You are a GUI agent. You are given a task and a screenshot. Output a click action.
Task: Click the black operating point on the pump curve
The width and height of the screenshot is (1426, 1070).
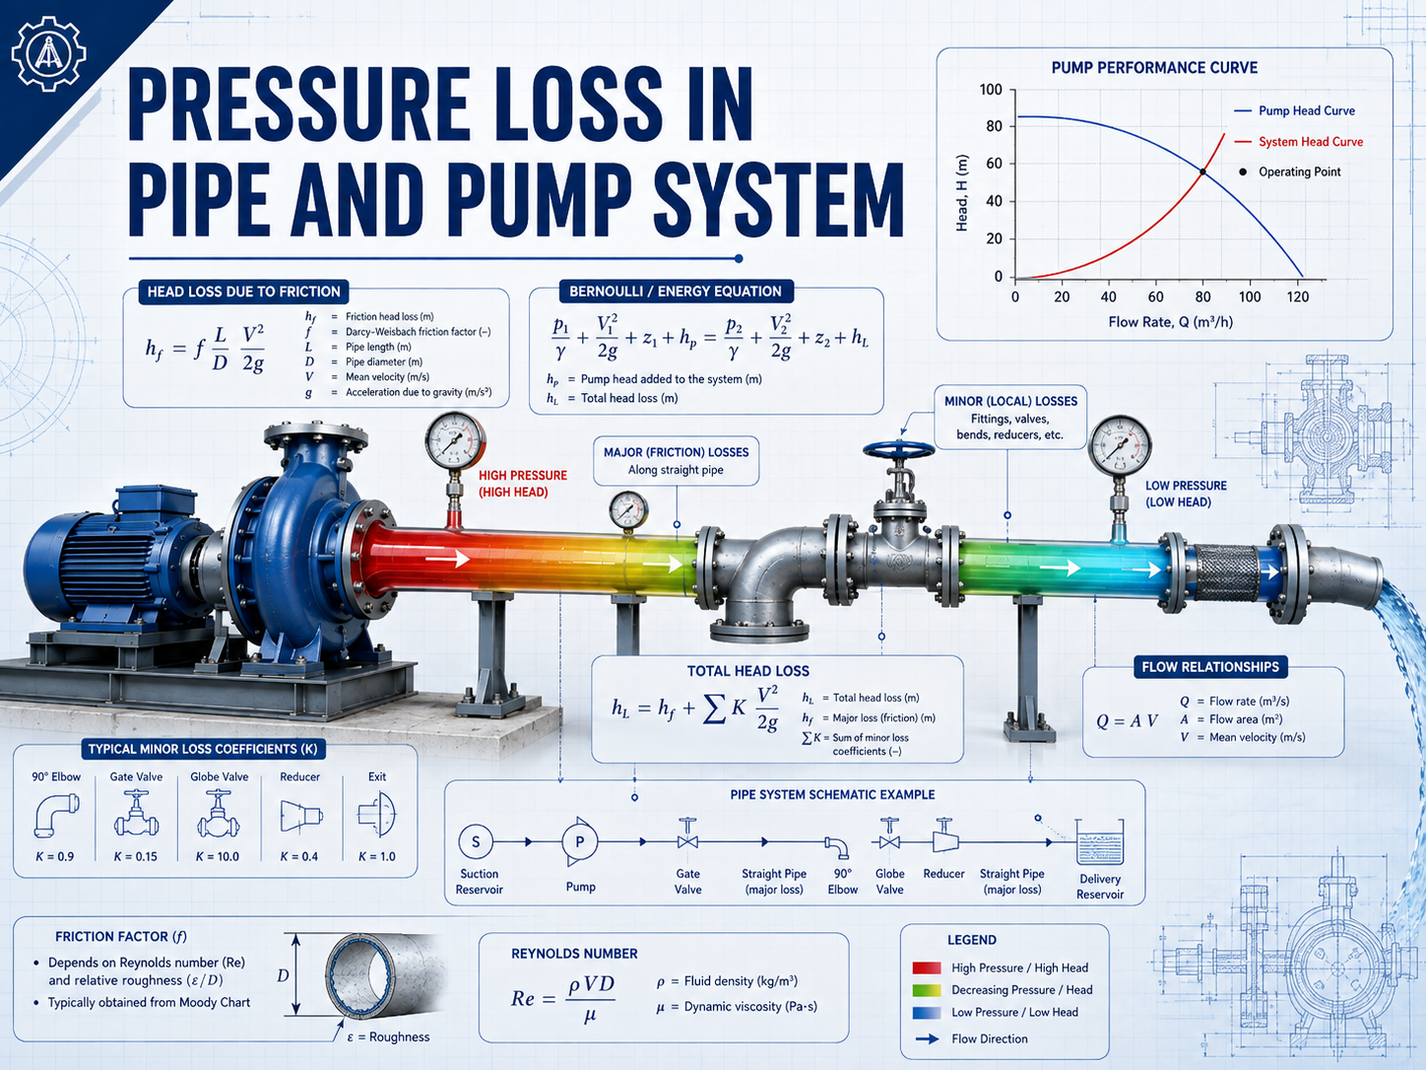click(1202, 172)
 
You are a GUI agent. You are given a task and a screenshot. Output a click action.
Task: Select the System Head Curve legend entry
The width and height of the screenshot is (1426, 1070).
click(1298, 142)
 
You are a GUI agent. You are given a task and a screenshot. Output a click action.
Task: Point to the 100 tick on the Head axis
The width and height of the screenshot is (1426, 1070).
click(991, 90)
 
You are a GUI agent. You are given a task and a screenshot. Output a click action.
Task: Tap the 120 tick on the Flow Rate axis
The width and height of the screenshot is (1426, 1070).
click(1298, 297)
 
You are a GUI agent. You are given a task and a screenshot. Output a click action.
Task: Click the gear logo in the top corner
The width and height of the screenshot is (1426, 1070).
click(48, 53)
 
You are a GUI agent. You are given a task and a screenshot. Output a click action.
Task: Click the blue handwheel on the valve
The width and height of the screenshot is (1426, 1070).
click(899, 449)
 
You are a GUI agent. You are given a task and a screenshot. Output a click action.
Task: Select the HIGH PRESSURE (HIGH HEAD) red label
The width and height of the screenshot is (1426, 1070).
click(522, 484)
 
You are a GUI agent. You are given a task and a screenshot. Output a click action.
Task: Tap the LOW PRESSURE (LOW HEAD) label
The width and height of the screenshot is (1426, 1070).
click(1186, 494)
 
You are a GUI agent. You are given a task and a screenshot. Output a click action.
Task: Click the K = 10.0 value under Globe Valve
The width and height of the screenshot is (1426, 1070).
click(218, 857)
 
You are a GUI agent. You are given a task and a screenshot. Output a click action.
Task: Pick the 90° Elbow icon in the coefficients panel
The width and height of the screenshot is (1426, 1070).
click(56, 815)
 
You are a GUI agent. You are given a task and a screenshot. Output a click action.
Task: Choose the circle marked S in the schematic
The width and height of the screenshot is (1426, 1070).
click(476, 842)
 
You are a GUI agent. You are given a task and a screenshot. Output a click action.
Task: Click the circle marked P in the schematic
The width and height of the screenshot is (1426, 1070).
click(579, 842)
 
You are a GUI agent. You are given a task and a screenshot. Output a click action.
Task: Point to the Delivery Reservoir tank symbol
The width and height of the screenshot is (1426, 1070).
click(1100, 842)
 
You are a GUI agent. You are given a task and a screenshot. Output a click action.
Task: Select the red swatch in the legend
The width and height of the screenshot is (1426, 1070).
click(927, 968)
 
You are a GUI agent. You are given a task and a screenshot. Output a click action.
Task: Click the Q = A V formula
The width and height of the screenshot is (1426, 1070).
click(1127, 721)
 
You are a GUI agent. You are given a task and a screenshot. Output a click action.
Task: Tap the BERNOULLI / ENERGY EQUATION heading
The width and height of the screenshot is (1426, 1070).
click(676, 292)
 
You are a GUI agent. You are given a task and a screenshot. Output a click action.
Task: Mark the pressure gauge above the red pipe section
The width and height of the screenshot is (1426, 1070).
click(455, 440)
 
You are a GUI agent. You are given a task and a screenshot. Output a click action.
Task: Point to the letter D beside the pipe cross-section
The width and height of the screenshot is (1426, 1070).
click(283, 975)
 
